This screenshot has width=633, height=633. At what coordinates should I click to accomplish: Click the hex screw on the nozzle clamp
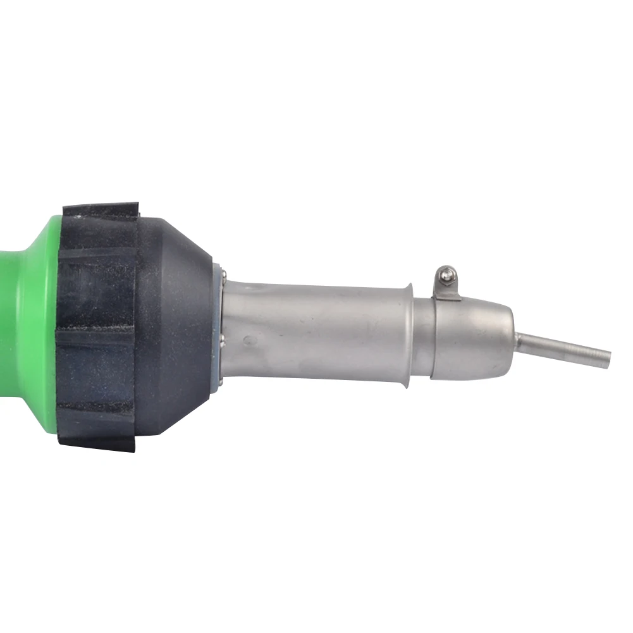point(448,274)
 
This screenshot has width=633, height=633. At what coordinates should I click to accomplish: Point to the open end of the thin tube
point(608,358)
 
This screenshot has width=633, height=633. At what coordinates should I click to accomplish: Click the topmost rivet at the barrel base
point(223,273)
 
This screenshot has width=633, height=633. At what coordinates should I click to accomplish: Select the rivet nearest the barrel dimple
point(223,343)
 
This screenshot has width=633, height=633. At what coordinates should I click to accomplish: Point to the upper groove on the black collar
point(95,256)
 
